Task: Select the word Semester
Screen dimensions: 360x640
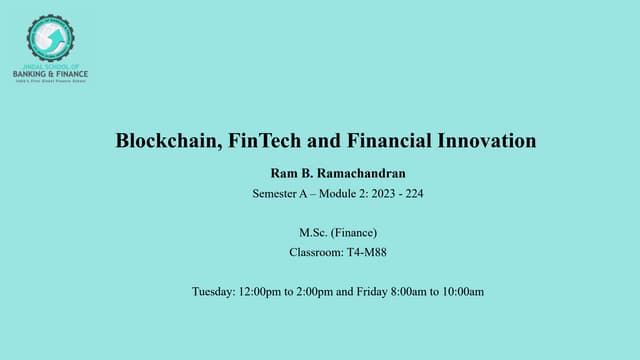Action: (278, 194)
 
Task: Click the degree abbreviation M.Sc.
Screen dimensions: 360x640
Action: (298, 233)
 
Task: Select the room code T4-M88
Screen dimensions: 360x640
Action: (370, 252)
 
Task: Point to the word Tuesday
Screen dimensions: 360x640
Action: (213, 292)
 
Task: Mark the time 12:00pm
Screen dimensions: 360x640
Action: (260, 292)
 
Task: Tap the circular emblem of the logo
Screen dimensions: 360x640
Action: (50, 38)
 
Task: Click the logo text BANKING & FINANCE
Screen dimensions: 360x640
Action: (50, 73)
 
